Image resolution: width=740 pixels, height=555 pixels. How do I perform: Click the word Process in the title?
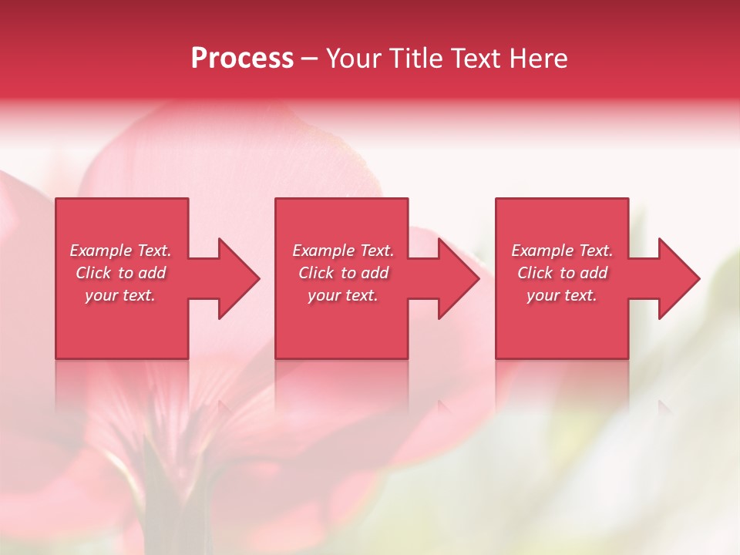pyautogui.click(x=242, y=59)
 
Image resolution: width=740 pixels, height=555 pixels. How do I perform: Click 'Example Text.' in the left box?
pyautogui.click(x=120, y=251)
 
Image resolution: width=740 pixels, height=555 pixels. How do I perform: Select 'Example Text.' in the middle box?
pyautogui.click(x=343, y=251)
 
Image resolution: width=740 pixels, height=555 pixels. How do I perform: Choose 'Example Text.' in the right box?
pyautogui.click(x=562, y=251)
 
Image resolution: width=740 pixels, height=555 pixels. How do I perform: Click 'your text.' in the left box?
pyautogui.click(x=120, y=295)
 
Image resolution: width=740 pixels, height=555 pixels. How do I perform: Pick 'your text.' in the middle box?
pyautogui.click(x=343, y=295)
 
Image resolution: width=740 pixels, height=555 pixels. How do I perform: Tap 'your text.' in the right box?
pyautogui.click(x=562, y=295)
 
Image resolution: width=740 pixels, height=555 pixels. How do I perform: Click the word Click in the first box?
pyautogui.click(x=93, y=273)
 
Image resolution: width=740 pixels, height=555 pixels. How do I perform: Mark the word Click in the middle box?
pyautogui.click(x=316, y=273)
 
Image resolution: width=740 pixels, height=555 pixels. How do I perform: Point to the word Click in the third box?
pyautogui.click(x=535, y=273)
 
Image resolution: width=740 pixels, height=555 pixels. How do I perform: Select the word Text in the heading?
pyautogui.click(x=474, y=59)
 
